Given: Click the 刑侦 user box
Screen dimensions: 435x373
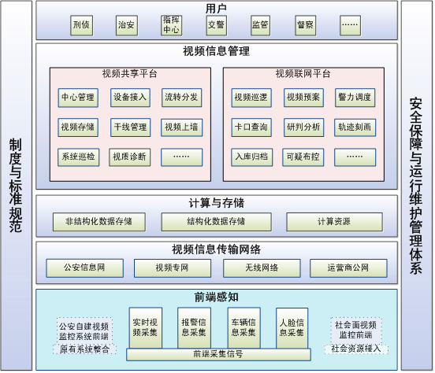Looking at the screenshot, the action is pos(82,25).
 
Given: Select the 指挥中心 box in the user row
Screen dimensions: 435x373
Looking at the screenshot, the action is pos(171,25).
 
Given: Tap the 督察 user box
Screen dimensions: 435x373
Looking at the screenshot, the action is pos(305,25).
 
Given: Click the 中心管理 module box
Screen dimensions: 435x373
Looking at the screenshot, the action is pos(78,98).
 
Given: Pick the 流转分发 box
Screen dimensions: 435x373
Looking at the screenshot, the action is pos(181,98).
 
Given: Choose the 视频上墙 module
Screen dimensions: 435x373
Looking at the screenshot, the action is pos(181,127).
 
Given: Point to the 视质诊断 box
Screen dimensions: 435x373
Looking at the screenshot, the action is pos(129,157).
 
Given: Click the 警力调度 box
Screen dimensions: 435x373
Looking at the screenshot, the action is pos(355,98).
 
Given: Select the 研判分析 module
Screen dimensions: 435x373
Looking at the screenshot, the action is pos(303,127).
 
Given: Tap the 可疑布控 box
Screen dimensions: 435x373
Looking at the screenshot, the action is pos(303,157).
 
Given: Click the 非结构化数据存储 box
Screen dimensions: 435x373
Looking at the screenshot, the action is pos(99,222).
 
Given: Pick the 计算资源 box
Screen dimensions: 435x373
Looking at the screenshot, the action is pos(334,222).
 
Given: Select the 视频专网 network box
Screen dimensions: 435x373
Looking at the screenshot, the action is pos(173,268).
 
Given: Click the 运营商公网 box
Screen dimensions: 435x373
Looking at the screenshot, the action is pos(348,268).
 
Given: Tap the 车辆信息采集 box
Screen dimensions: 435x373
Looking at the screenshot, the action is pos(244,327).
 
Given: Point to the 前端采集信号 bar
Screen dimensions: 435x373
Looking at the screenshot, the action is pos(218,354).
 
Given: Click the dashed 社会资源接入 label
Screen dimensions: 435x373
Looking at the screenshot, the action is pos(356,349).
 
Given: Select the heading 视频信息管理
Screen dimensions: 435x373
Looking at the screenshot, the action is pos(217,51).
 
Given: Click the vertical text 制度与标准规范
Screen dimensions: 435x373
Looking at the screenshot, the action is pos(16,185).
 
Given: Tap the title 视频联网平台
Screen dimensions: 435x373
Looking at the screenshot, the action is pos(303,74).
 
